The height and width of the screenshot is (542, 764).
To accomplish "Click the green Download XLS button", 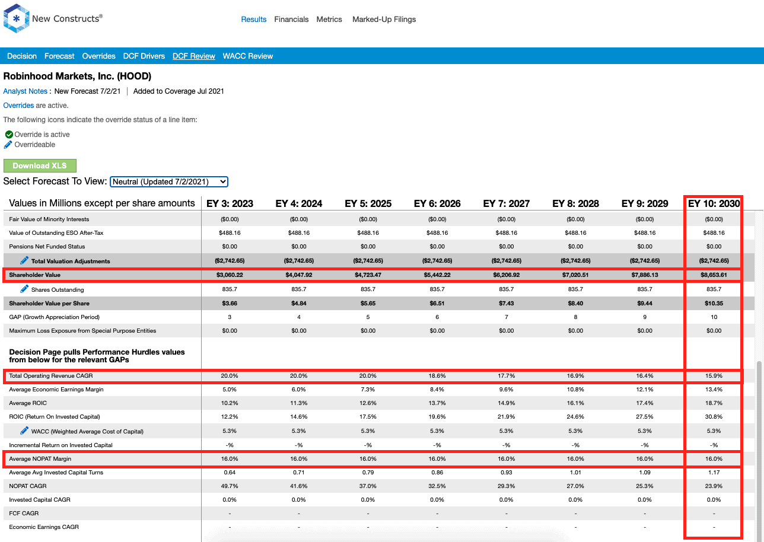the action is pyautogui.click(x=40, y=165).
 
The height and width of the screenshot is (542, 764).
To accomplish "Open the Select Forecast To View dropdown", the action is pyautogui.click(x=169, y=181).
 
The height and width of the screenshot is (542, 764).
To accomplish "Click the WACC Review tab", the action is pyautogui.click(x=247, y=56).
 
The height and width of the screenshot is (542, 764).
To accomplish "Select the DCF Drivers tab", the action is pyautogui.click(x=144, y=56).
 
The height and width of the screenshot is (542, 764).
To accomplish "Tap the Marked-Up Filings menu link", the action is pyautogui.click(x=384, y=20).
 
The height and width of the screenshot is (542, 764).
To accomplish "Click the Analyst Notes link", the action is pyautogui.click(x=26, y=91).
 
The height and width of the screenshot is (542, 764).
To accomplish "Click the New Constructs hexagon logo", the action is pyautogui.click(x=16, y=18).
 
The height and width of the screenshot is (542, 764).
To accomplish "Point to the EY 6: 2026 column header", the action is pyautogui.click(x=437, y=203).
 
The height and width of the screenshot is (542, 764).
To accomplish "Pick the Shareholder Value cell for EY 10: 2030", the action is pyautogui.click(x=714, y=275).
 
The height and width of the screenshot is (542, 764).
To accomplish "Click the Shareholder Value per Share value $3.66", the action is pyautogui.click(x=230, y=304).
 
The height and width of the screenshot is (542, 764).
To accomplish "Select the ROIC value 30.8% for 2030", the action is pyautogui.click(x=714, y=416).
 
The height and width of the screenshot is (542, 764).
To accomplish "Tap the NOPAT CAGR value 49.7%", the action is pyautogui.click(x=230, y=486).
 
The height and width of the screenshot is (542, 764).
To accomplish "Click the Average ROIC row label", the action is pyautogui.click(x=28, y=403).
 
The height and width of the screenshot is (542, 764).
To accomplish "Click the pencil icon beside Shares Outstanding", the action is pyautogui.click(x=24, y=289).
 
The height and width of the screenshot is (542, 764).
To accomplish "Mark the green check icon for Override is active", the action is pyautogui.click(x=9, y=134).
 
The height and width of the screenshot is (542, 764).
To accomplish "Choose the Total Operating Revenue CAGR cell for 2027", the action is pyautogui.click(x=507, y=375).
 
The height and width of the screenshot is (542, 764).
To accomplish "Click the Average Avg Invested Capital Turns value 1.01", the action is pyautogui.click(x=575, y=473).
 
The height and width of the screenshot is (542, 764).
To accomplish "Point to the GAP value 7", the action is pyautogui.click(x=507, y=317).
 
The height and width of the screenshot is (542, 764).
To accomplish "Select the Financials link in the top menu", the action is pyautogui.click(x=291, y=20).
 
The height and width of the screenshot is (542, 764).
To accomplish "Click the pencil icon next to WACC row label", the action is pyautogui.click(x=24, y=431).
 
